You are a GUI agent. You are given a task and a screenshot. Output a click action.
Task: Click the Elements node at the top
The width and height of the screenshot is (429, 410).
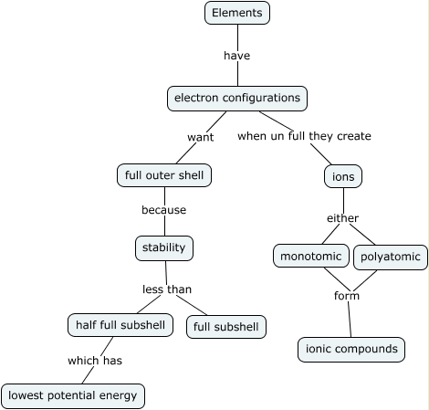(x=237, y=13)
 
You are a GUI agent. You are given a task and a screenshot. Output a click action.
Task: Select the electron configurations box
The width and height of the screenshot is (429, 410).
(x=237, y=98)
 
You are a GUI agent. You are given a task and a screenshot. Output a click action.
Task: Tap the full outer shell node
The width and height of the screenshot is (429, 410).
(x=164, y=174)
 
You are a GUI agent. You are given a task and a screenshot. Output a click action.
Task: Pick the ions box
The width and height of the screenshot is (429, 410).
(x=343, y=176)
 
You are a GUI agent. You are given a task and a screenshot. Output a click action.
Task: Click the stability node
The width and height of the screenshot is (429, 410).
(x=164, y=247)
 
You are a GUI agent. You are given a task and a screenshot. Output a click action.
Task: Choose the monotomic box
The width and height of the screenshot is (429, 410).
(x=311, y=257)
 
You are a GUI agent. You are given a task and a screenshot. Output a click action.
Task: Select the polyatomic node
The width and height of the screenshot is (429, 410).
(x=390, y=257)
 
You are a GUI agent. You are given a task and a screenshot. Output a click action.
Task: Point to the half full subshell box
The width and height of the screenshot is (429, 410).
(x=120, y=324)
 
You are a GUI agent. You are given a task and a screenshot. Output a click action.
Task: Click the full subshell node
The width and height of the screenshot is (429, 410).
(x=226, y=326)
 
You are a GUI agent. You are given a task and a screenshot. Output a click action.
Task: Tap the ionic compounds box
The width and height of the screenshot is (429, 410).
(x=351, y=349)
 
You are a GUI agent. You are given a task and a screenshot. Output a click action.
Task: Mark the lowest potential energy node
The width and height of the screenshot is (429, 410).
(x=73, y=395)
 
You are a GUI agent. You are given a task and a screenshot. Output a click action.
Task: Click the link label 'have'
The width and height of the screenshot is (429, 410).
(x=237, y=56)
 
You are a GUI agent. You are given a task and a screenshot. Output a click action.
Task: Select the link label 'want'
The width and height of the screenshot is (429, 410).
(x=200, y=137)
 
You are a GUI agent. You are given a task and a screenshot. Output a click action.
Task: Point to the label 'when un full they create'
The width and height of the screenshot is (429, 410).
(x=304, y=136)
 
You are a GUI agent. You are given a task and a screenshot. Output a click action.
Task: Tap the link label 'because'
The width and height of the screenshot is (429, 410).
(x=163, y=210)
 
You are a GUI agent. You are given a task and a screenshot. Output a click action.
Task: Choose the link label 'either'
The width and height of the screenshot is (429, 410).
(x=343, y=218)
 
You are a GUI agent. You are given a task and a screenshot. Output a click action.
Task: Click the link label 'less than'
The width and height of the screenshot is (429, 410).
(x=167, y=289)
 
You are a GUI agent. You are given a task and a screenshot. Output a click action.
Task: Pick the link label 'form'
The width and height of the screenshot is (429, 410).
(x=347, y=296)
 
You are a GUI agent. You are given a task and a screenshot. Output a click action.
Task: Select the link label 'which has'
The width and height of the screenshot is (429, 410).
(x=95, y=361)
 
